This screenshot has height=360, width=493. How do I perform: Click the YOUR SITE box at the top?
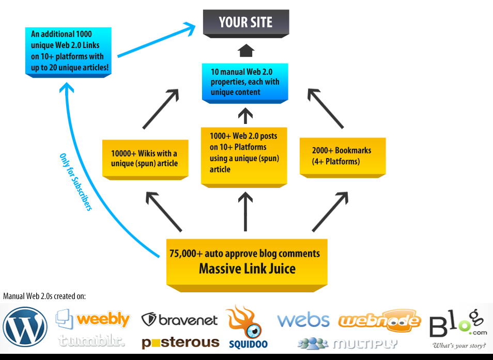(245, 23)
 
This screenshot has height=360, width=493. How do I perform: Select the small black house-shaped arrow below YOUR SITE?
(246, 51)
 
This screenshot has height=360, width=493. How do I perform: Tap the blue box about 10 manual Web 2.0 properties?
(245, 82)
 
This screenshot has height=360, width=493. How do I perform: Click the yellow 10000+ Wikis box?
(144, 158)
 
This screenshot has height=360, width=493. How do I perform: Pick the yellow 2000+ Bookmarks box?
(342, 156)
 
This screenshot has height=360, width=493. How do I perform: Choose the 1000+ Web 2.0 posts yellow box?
(243, 153)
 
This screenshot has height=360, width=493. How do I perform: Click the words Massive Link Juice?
(247, 269)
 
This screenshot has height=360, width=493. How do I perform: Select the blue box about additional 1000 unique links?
(69, 51)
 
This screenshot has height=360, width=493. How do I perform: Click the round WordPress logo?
(25, 327)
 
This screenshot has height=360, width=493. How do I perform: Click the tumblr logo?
(91, 341)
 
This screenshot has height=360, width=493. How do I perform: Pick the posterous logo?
(180, 342)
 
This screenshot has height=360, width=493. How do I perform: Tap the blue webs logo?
(303, 320)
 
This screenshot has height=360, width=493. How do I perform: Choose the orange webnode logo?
(379, 321)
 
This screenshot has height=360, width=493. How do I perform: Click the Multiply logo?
(347, 343)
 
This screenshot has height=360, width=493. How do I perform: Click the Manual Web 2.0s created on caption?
(44, 296)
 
